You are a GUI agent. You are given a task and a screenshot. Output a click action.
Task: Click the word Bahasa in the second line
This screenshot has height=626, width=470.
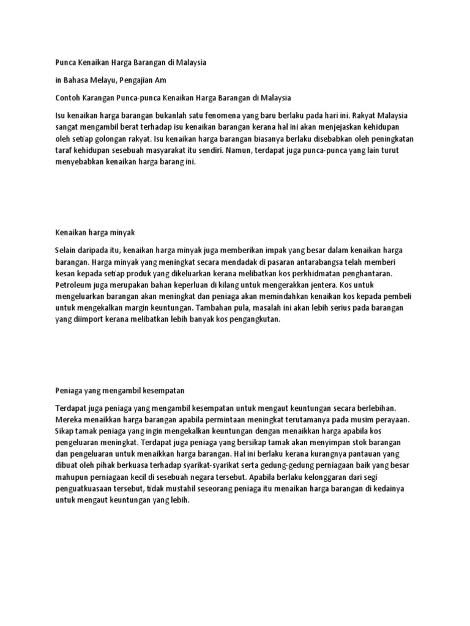[x=75, y=80]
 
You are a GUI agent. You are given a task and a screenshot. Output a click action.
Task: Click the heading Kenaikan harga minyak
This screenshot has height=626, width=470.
[x=94, y=233]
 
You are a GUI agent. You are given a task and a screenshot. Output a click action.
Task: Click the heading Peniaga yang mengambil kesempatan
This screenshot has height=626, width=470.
[x=119, y=389]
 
